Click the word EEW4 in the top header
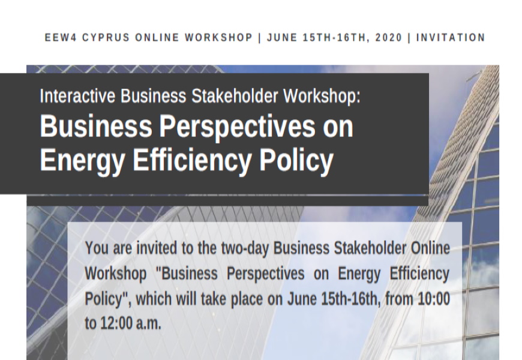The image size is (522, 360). (x=61, y=37)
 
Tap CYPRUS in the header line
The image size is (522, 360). (x=106, y=37)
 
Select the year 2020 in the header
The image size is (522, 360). (x=389, y=37)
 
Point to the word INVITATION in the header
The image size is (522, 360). (x=451, y=37)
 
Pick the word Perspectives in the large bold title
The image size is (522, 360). (x=237, y=127)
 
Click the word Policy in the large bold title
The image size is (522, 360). (x=296, y=161)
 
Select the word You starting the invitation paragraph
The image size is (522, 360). (x=97, y=248)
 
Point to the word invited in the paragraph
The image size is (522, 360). (x=157, y=248)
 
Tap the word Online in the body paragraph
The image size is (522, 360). (x=430, y=248)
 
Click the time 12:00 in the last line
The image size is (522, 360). (x=116, y=323)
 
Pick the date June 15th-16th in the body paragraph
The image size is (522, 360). (x=334, y=299)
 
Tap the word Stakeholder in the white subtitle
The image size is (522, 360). (x=235, y=96)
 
